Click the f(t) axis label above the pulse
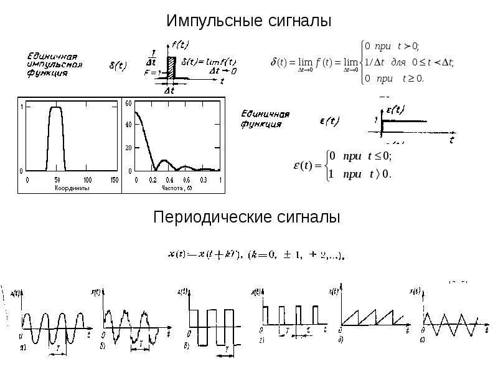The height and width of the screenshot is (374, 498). coord(182,43)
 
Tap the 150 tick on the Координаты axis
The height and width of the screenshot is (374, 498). coord(113,180)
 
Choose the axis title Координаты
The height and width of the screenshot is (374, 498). coord(72,187)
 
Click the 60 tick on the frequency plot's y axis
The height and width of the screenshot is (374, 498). coord(129,104)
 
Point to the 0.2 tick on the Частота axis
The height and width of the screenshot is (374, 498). coord(153,180)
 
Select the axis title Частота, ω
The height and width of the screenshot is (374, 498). coord(176,187)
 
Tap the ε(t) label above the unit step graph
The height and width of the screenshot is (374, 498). coord(393,109)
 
